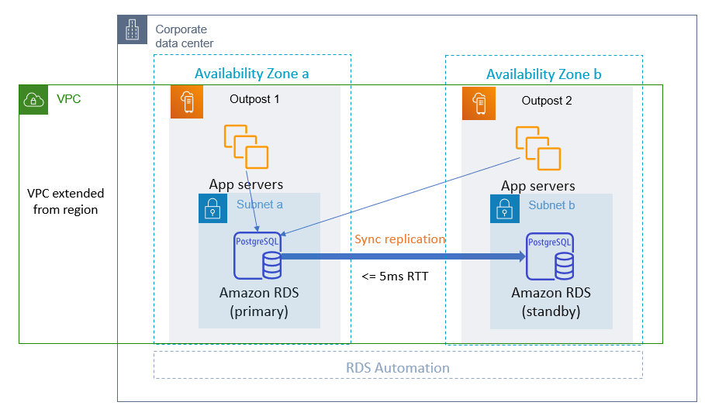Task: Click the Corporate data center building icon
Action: pyautogui.click(x=131, y=30)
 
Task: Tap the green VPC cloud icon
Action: pyautogui.click(x=33, y=99)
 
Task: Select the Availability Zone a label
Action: pyautogui.click(x=251, y=74)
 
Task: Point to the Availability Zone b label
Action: pyautogui.click(x=543, y=74)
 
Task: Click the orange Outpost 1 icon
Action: pyautogui.click(x=186, y=101)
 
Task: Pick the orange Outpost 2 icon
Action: pyautogui.click(x=478, y=101)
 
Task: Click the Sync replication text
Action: pyautogui.click(x=399, y=239)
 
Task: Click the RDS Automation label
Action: pyautogui.click(x=398, y=368)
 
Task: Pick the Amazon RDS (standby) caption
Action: pyautogui.click(x=551, y=302)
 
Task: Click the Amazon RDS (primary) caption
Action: pyautogui.click(x=259, y=302)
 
